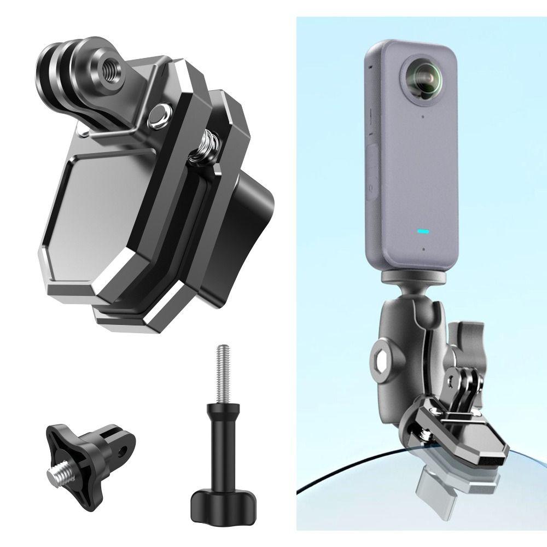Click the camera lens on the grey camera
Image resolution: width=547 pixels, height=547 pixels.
click(424, 77)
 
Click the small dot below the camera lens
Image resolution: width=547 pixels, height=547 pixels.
click(423, 115)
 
